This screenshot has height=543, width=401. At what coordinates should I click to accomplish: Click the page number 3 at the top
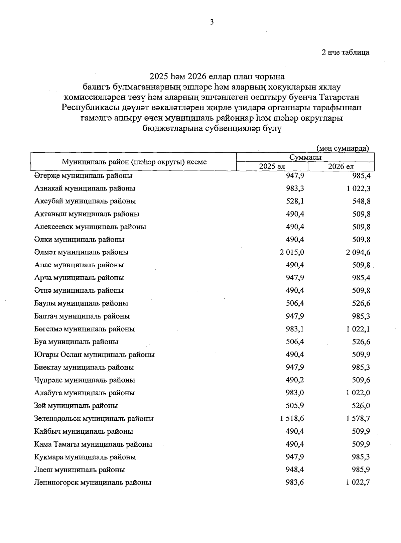[211, 22]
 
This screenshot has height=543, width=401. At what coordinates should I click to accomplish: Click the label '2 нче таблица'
[345, 52]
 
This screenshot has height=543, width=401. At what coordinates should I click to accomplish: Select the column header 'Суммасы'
[305, 157]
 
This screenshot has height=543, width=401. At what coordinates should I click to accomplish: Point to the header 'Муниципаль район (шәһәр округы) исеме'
[134, 162]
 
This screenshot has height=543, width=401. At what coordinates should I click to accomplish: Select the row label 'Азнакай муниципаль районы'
[85, 188]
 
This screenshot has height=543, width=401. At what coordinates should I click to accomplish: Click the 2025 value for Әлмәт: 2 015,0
[292, 252]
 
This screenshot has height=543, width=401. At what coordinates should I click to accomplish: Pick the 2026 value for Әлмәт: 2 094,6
[358, 252]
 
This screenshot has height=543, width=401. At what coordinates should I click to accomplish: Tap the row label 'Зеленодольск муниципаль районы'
[94, 418]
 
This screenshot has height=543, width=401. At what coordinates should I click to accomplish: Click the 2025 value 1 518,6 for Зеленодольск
[292, 418]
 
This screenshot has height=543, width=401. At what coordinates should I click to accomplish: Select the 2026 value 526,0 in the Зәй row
[361, 406]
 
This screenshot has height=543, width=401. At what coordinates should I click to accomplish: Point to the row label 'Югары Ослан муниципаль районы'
[94, 355]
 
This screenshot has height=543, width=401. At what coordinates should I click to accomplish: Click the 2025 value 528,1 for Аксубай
[295, 201]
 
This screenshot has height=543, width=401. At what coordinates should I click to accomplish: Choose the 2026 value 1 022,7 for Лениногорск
[358, 483]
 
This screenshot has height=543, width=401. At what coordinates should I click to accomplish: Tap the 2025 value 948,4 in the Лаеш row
[295, 470]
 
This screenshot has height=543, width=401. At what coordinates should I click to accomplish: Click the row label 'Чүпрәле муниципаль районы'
[85, 380]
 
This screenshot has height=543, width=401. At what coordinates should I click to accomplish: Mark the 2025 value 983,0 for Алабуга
[295, 393]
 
